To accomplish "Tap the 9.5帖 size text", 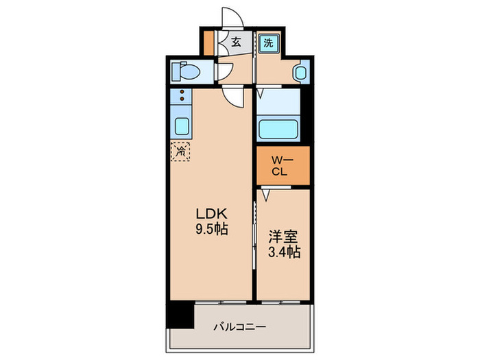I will [211, 230].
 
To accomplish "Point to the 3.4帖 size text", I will [284, 253].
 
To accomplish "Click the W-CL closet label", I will [283, 166].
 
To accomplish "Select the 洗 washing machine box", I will [269, 43].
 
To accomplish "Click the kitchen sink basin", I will [182, 126].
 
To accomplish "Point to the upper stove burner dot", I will [182, 92].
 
